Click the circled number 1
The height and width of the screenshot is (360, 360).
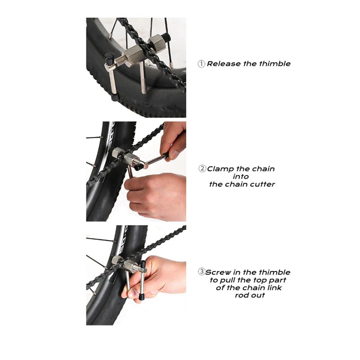(x=201, y=64)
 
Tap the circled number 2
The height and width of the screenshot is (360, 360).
(x=202, y=169)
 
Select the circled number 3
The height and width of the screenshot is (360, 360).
(x=202, y=272)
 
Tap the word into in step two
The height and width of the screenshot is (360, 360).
(x=241, y=176)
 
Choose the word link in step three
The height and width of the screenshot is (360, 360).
(x=274, y=288)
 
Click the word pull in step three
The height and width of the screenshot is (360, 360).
(x=228, y=280)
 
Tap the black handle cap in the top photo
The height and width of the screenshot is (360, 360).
(x=109, y=59)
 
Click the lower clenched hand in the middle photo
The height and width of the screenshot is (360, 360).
(x=155, y=197)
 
